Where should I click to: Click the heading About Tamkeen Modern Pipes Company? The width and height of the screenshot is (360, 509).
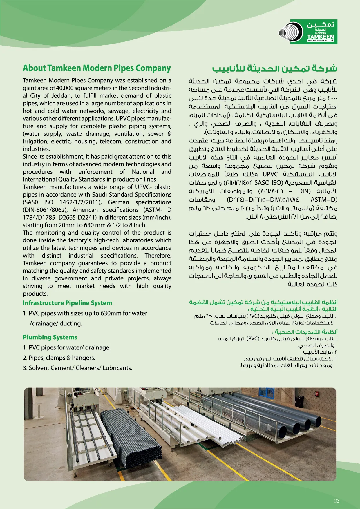pyautogui.click(x=97, y=68)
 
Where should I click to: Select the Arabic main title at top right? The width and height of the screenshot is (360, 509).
pyautogui.click(x=274, y=69)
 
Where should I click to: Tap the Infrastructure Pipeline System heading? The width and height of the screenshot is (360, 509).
pyautogui.click(x=67, y=303)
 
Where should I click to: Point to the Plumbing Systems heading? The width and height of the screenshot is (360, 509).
pyautogui.click(x=50, y=337)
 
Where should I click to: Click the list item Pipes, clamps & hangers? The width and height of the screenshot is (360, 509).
pyautogui.click(x=62, y=358)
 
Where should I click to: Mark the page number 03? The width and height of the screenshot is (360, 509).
pyautogui.click(x=337, y=501)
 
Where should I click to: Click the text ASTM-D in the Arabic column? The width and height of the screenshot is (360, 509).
pyautogui.click(x=324, y=200)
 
